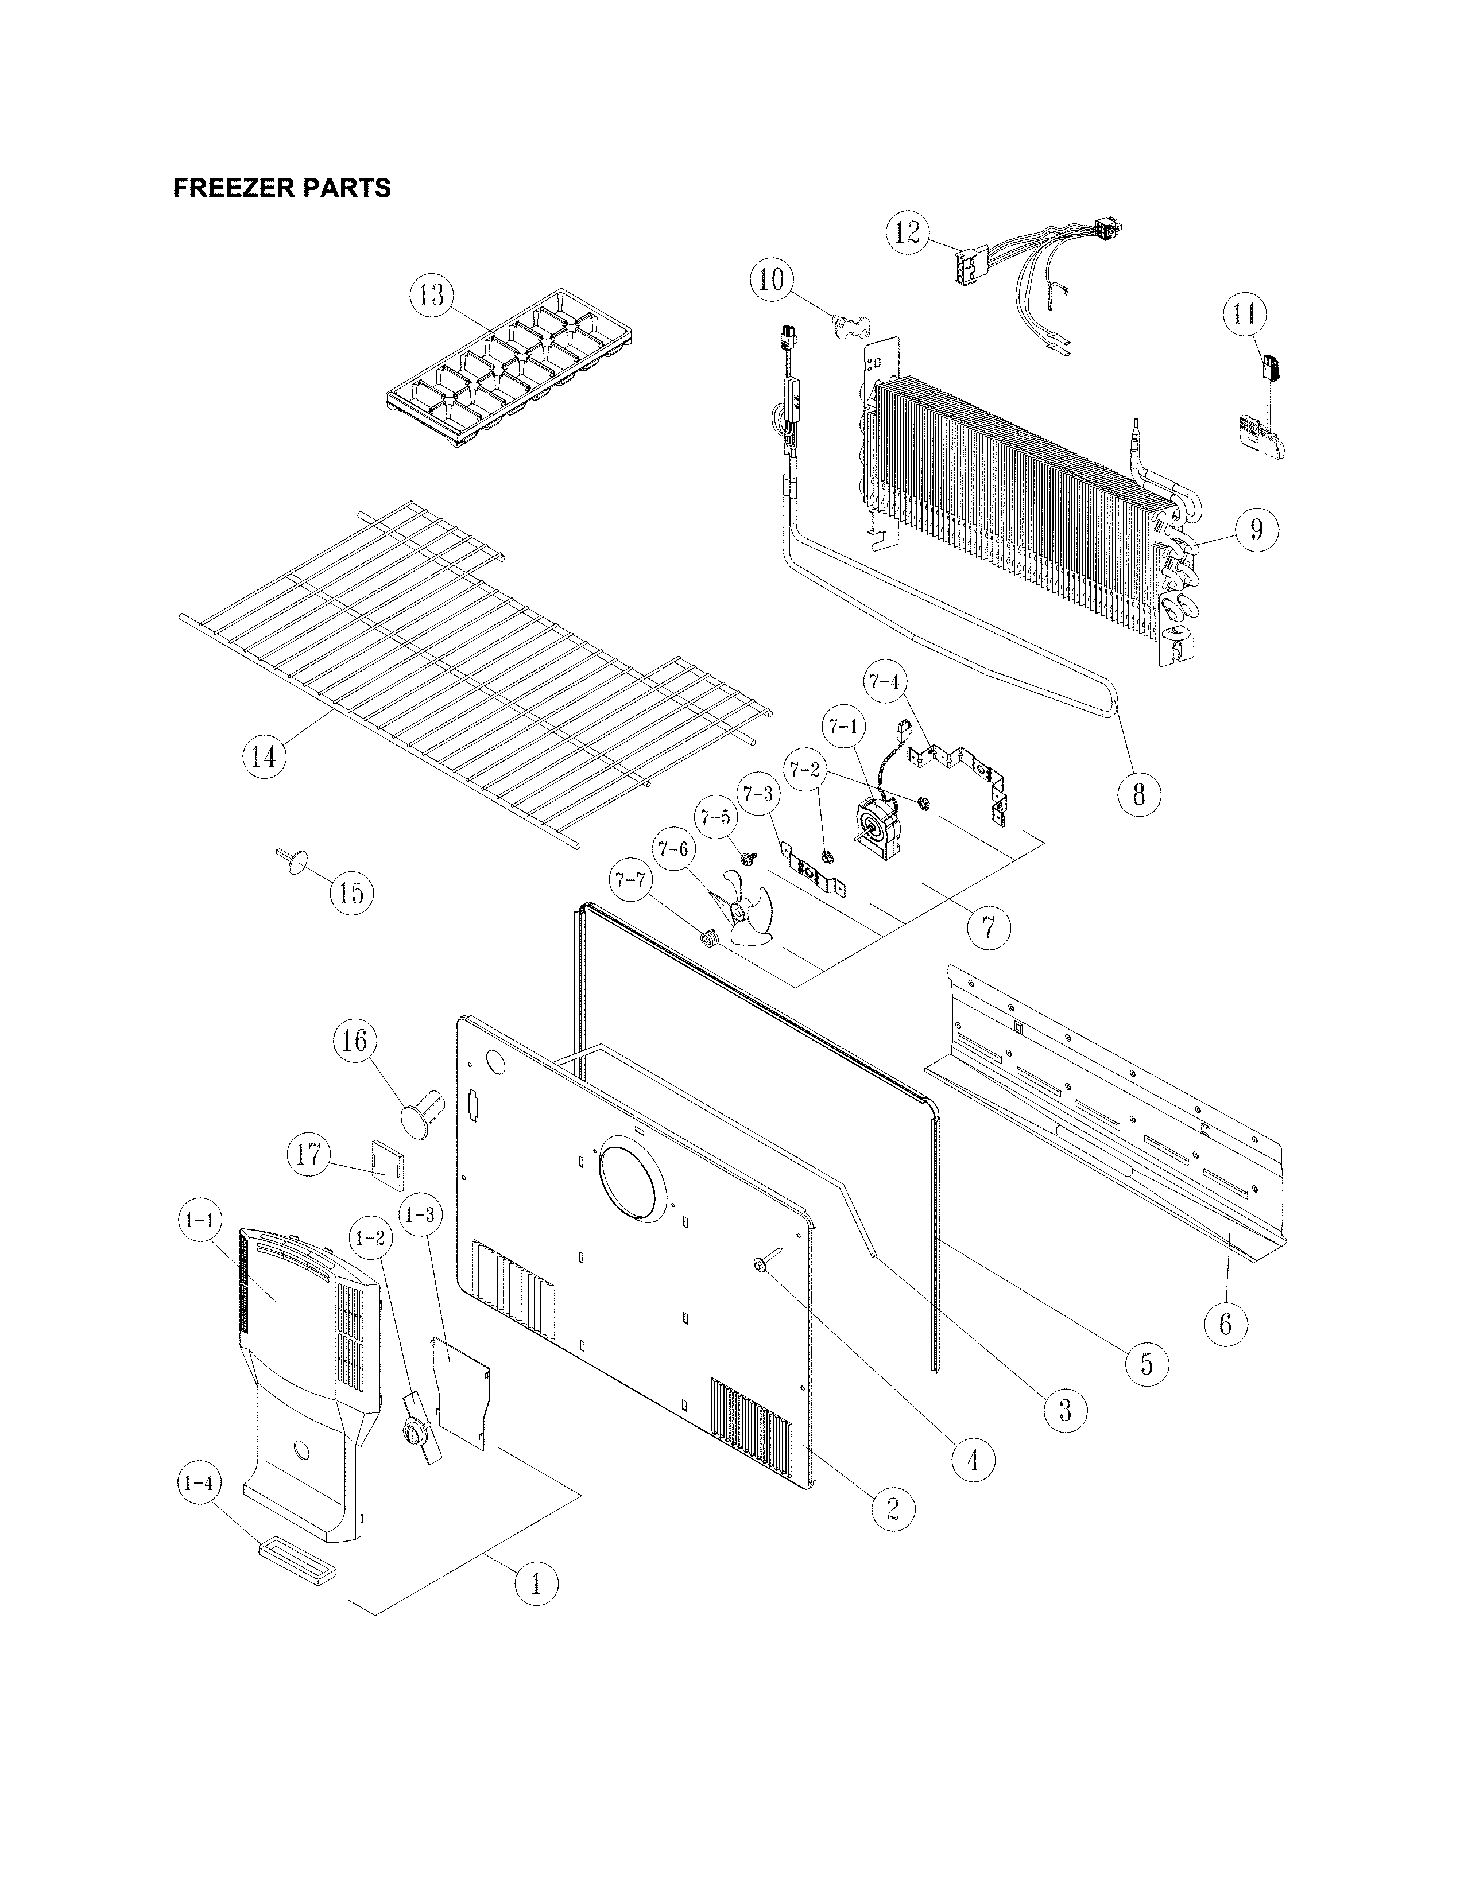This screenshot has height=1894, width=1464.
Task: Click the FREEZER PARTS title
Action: coord(282,188)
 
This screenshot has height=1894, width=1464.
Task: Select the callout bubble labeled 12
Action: coord(907,233)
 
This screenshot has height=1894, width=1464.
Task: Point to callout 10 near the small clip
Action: coord(771,280)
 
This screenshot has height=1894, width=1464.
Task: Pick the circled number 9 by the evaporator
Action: coord(1256,528)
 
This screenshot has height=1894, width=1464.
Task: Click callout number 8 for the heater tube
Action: coord(1139,793)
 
